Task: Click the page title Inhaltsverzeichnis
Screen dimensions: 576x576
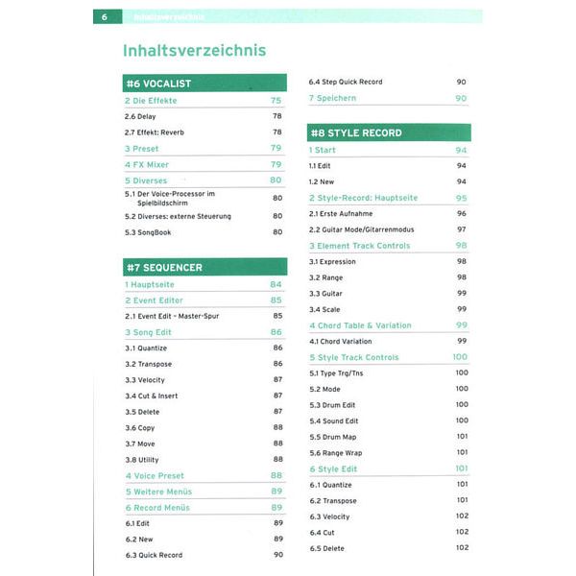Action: (195, 50)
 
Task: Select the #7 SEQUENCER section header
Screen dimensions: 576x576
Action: (163, 267)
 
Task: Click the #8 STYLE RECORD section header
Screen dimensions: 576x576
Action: (356, 132)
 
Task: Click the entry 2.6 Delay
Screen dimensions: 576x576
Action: (140, 116)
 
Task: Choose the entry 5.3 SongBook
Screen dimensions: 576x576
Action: (148, 231)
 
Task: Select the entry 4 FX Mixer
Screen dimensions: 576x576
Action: (146, 164)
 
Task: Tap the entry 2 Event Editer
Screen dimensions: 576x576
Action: (154, 300)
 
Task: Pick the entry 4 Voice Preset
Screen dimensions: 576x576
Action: (156, 475)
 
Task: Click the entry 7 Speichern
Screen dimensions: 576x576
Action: (333, 98)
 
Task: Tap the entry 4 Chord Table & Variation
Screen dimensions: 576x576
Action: (359, 325)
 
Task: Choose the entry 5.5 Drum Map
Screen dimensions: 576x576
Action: (333, 437)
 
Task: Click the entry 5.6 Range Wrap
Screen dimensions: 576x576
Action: (336, 452)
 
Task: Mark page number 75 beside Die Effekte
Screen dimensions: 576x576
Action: (276, 100)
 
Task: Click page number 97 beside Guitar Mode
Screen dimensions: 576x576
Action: (462, 229)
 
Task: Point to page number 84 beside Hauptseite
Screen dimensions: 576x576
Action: (276, 284)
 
